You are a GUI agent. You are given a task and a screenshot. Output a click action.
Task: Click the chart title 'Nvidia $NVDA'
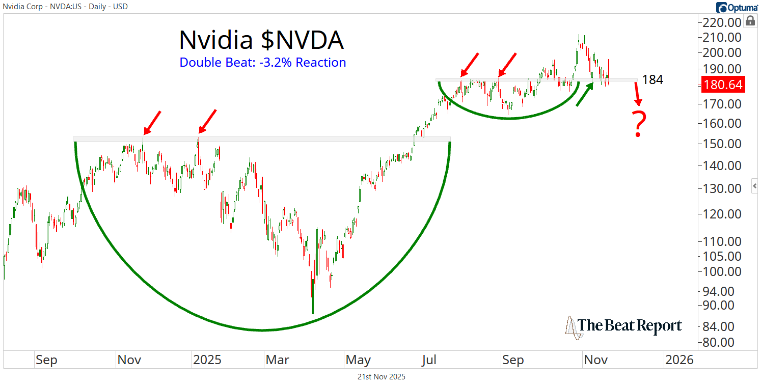261,40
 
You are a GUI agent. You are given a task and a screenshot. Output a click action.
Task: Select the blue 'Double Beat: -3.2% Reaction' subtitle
262,63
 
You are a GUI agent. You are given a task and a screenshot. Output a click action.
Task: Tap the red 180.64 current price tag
723,85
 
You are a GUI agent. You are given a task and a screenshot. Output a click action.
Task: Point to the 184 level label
653,80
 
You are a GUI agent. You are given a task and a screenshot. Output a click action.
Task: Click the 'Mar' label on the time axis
277,360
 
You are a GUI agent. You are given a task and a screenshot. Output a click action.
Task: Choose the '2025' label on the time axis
207,360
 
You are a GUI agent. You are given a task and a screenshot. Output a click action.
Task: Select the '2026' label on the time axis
679,360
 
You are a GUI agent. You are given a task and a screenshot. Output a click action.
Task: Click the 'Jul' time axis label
429,360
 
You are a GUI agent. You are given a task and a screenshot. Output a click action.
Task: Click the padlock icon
750,21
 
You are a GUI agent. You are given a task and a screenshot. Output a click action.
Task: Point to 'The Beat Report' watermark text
630,325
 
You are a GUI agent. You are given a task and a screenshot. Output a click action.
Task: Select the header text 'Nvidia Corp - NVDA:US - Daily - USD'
66,7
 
